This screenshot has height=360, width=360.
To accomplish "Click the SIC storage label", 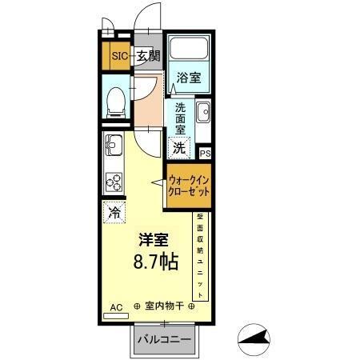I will (119, 55).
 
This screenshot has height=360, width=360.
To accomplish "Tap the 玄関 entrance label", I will (148, 55).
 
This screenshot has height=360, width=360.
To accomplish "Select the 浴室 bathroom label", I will (189, 78).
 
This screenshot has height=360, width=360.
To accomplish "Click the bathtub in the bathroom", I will (188, 50).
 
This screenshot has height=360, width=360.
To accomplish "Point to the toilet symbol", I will (115, 98).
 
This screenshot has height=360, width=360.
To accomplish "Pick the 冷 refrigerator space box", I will (114, 213).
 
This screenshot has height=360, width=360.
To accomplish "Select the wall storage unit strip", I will (201, 256).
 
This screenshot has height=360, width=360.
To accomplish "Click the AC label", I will (115, 306).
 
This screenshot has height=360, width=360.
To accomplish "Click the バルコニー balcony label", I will (163, 340).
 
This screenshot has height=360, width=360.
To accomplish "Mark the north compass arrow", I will (258, 340).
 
